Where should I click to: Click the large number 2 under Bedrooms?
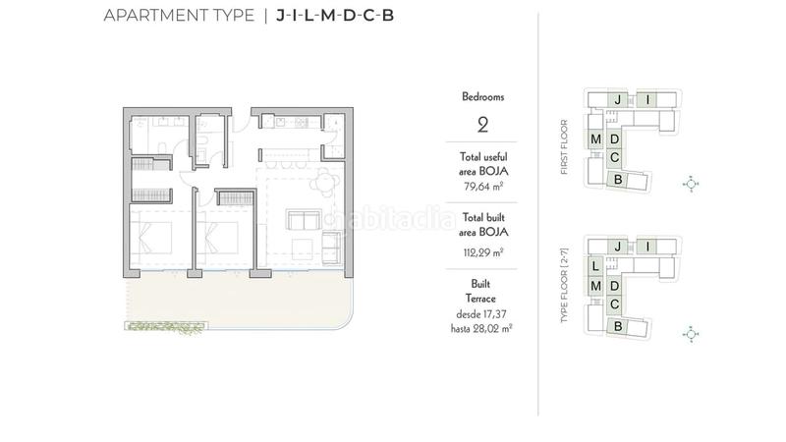click(481, 125)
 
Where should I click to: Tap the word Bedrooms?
click(481, 97)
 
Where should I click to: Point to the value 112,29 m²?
click(481, 251)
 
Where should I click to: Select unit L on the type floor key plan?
click(595, 266)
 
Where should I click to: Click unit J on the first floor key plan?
click(617, 99)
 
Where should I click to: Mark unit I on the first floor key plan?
click(648, 99)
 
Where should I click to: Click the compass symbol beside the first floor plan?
click(692, 184)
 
